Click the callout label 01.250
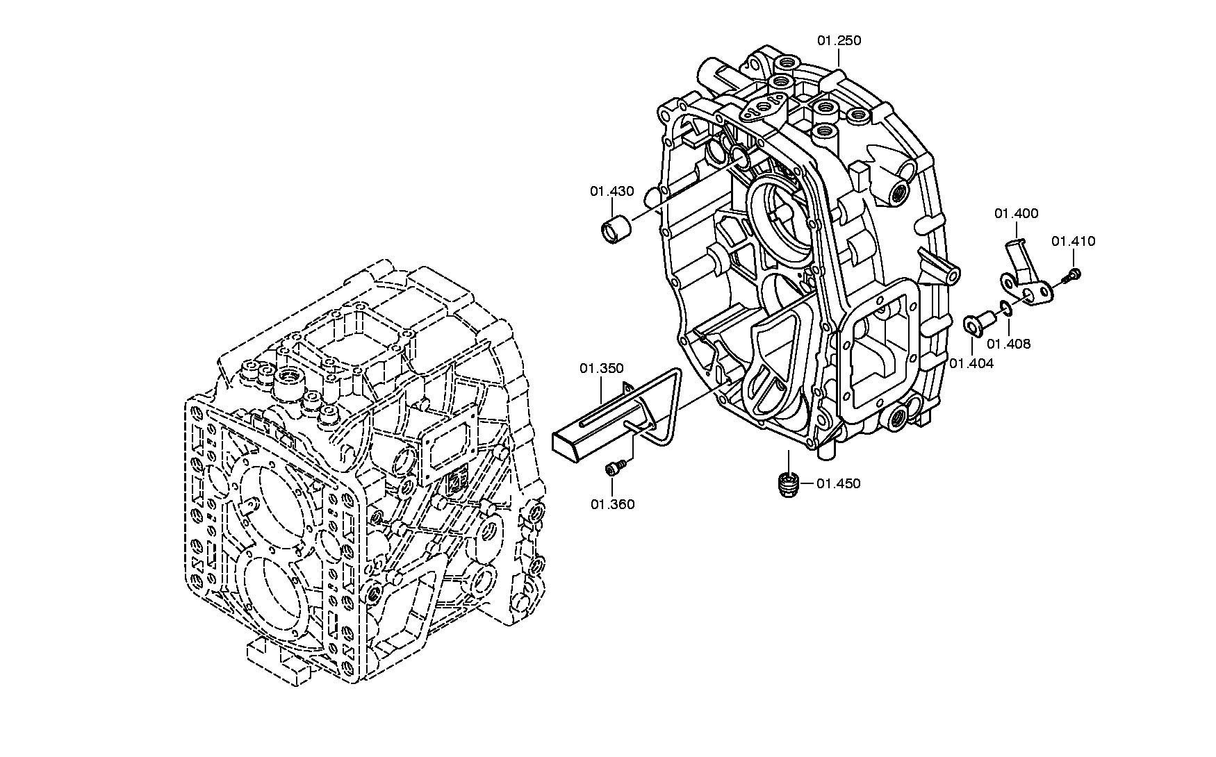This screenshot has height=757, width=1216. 839,41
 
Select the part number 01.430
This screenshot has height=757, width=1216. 612,191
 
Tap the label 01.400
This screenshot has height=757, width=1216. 1016,214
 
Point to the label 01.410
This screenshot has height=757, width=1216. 1073,242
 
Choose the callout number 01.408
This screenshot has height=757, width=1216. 1009,344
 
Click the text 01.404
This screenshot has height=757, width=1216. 971,363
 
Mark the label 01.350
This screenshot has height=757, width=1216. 602,368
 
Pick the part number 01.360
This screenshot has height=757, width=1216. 613,504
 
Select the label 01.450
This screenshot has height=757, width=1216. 838,483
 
